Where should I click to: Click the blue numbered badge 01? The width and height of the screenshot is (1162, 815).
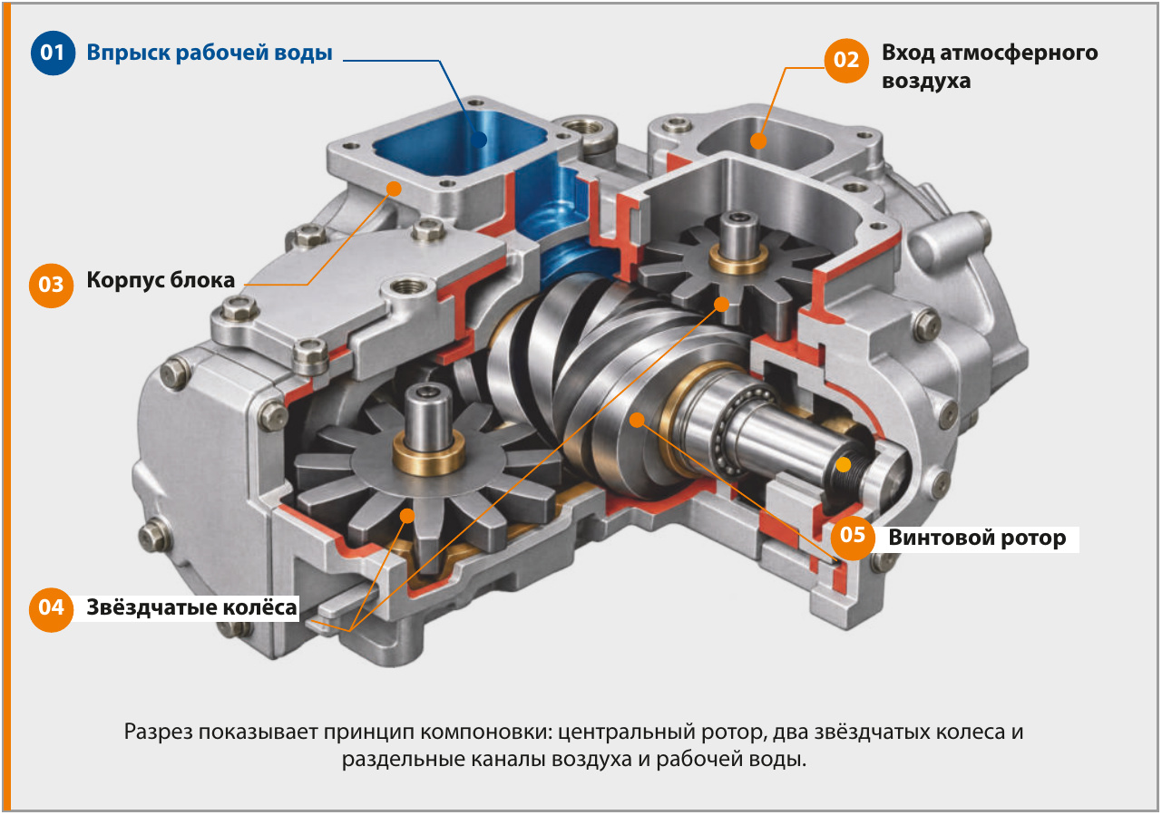[x=53, y=53]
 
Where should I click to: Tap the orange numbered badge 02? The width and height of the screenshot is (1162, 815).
[x=846, y=60]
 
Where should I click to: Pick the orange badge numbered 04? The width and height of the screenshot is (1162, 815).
[x=51, y=609]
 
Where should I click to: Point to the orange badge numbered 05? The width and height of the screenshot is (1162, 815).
[x=853, y=537]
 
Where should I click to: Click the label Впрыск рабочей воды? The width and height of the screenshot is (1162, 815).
[x=209, y=53]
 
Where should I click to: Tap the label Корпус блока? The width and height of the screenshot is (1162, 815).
[x=161, y=280]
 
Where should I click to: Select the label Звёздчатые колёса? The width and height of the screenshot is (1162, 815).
[x=191, y=607]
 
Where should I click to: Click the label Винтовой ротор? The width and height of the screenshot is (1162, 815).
[x=977, y=538]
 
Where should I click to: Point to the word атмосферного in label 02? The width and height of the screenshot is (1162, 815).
[x=1019, y=53]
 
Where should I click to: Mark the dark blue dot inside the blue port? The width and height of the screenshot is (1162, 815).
[x=478, y=139]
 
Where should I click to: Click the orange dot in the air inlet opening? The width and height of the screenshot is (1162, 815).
[x=758, y=141]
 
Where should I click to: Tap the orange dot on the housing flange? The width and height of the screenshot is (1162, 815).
[x=395, y=189]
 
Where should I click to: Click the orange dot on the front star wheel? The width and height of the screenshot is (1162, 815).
[x=407, y=515]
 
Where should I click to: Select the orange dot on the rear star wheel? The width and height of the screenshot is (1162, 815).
[x=721, y=304]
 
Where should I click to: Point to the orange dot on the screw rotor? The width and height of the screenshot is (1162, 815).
[x=637, y=420]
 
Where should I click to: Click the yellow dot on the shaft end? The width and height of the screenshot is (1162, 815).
[x=843, y=464]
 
